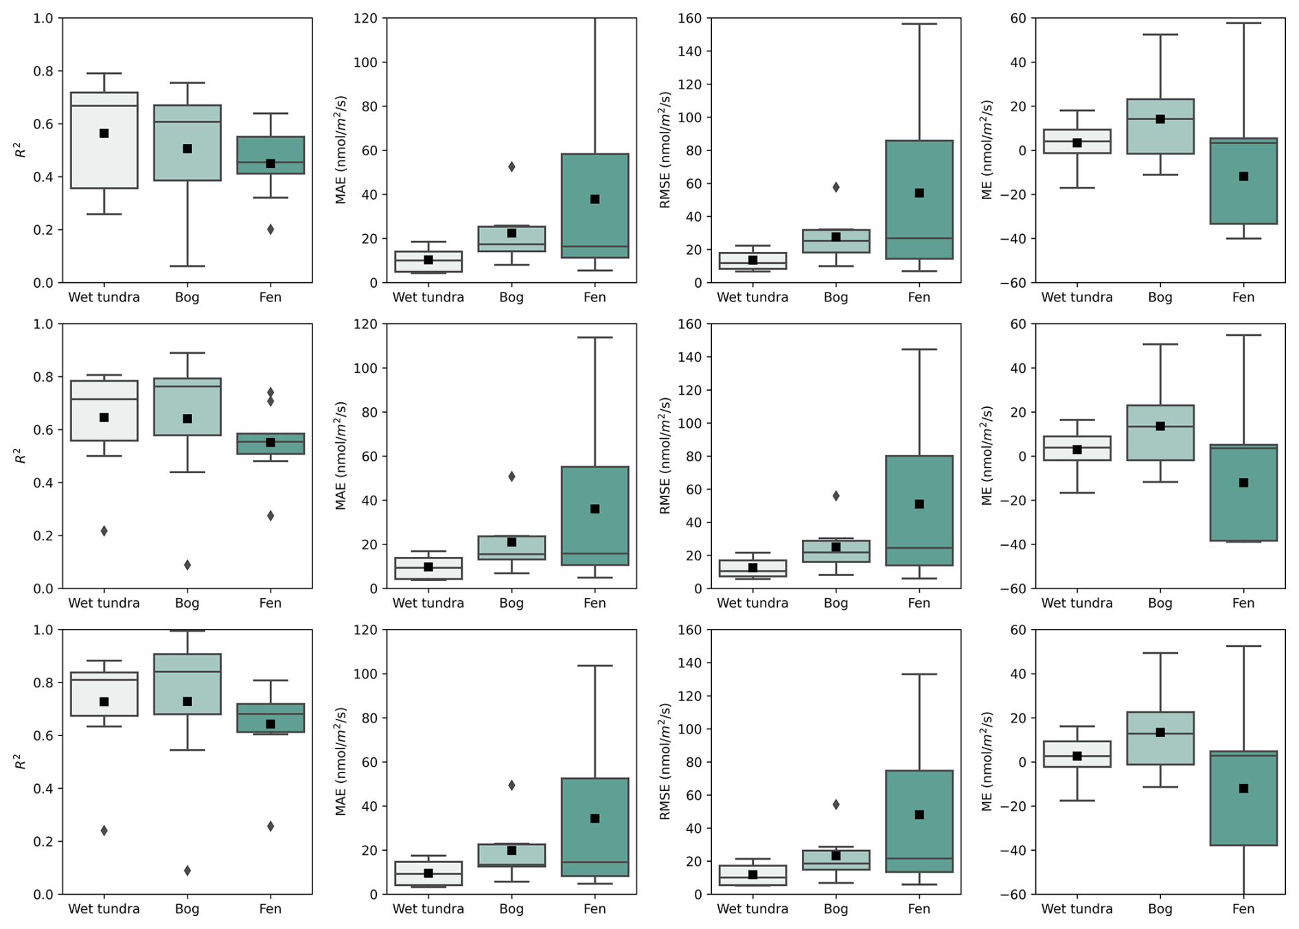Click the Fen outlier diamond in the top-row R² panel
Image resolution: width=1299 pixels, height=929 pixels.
(x=271, y=229)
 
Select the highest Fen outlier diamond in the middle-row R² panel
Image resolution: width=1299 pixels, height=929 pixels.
(x=271, y=393)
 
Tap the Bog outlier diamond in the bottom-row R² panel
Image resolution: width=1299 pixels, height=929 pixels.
(x=187, y=871)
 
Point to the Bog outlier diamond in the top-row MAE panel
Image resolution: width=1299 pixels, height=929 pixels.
(x=511, y=167)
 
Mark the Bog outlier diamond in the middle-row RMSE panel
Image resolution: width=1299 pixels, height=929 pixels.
(x=836, y=496)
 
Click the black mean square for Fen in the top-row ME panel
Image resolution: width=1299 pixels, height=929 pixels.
(x=1243, y=176)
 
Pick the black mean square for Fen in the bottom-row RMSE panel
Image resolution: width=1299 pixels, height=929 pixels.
(x=919, y=815)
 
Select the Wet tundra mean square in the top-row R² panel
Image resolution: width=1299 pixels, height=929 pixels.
(x=104, y=133)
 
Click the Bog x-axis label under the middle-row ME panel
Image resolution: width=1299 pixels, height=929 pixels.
(x=1160, y=603)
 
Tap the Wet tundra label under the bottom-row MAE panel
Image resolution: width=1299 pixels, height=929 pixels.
(x=428, y=909)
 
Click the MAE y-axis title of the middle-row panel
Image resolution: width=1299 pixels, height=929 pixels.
(x=341, y=457)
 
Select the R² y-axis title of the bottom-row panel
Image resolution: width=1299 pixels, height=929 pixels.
(x=21, y=762)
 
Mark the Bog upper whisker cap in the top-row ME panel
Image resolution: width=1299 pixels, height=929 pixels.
(x=1160, y=34)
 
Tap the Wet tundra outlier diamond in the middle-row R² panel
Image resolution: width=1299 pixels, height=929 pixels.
(x=104, y=531)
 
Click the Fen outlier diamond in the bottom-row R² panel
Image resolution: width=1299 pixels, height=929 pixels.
(x=271, y=826)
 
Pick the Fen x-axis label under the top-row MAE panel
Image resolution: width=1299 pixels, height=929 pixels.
(x=595, y=297)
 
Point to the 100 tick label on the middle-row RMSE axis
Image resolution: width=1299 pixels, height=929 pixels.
(x=690, y=424)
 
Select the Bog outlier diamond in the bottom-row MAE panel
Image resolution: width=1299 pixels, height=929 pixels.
(x=511, y=785)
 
